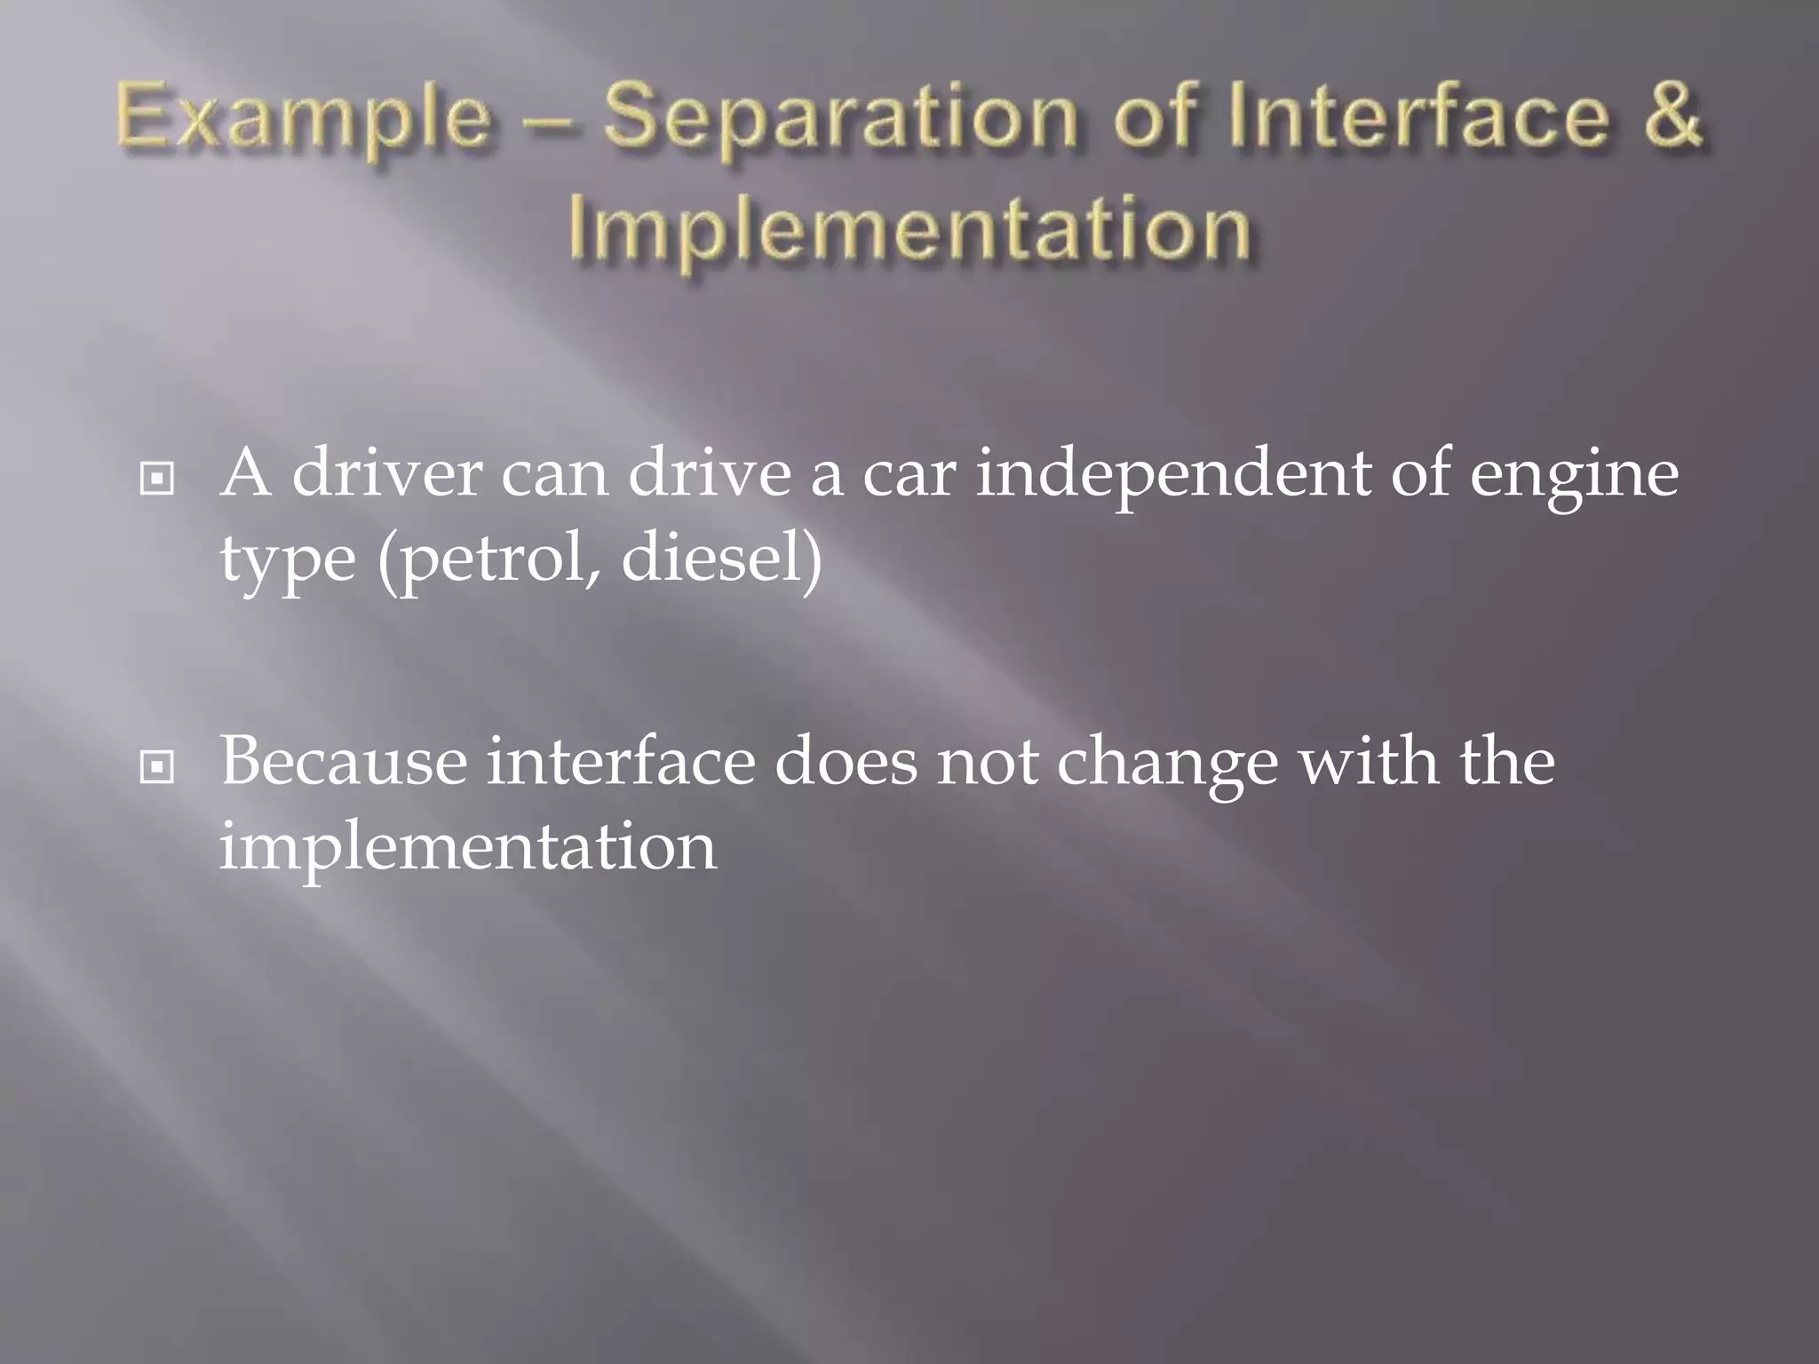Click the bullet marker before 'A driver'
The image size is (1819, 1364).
[x=157, y=480]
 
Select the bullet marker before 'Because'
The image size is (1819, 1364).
[x=157, y=766]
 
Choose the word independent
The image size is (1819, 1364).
[x=1172, y=475]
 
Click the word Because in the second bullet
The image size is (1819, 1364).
[x=343, y=762]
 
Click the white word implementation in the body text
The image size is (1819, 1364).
[x=467, y=847]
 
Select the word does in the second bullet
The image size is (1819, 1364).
[x=845, y=762]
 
